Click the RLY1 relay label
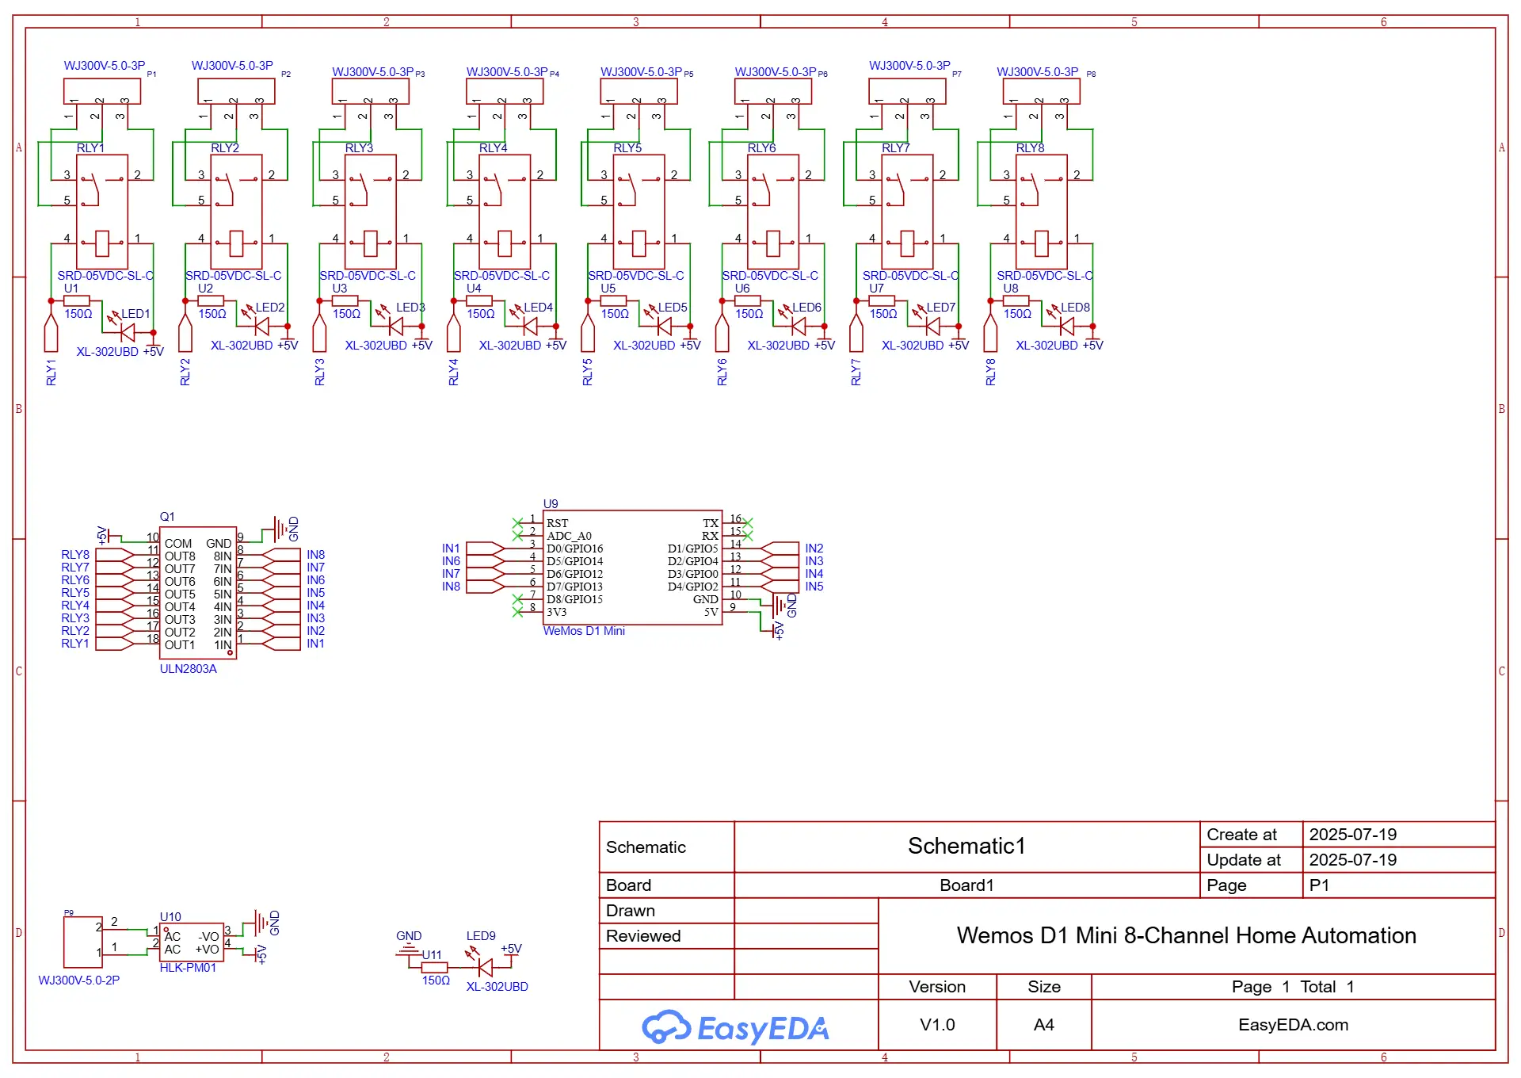click(x=90, y=148)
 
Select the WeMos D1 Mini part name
click(x=584, y=631)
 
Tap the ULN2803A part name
click(x=188, y=669)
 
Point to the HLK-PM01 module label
click(x=188, y=968)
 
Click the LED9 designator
click(x=481, y=936)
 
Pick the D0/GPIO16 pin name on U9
click(x=575, y=549)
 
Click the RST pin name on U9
click(x=557, y=523)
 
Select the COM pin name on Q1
click(x=178, y=544)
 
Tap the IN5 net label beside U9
click(x=814, y=587)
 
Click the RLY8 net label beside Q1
click(x=75, y=555)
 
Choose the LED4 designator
click(x=538, y=308)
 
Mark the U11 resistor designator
click(x=432, y=955)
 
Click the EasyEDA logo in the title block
click(x=735, y=1027)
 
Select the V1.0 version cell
click(x=937, y=1025)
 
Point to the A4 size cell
click(x=1044, y=1025)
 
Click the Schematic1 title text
click(x=966, y=846)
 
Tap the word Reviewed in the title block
click(x=643, y=936)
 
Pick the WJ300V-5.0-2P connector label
click(x=79, y=981)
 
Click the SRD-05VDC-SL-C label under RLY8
click(x=1045, y=276)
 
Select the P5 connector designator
click(x=688, y=74)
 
